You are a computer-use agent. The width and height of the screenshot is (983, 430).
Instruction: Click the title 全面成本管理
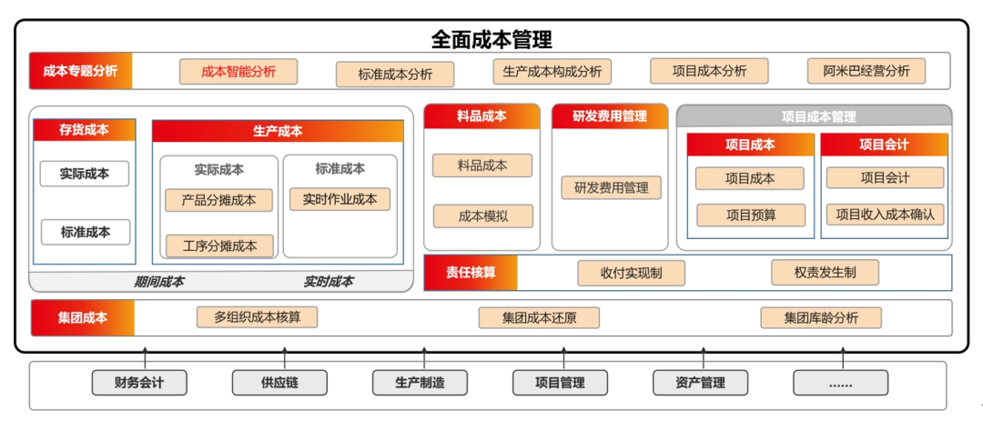pyautogui.click(x=491, y=39)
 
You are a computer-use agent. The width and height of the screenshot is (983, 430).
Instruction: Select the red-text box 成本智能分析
pyautogui.click(x=239, y=72)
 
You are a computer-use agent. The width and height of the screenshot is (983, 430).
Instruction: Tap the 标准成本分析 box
pyautogui.click(x=395, y=75)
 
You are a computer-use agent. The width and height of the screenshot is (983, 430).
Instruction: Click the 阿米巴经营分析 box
pyautogui.click(x=866, y=71)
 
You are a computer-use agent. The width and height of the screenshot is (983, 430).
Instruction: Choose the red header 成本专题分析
pyautogui.click(x=81, y=71)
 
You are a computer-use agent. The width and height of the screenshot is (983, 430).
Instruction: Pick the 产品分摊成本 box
pyautogui.click(x=218, y=200)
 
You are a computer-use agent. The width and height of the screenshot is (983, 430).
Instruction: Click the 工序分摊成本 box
pyautogui.click(x=219, y=245)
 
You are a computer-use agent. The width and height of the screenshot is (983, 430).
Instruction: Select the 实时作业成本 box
pyautogui.click(x=339, y=199)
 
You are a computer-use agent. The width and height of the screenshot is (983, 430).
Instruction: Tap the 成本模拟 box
pyautogui.click(x=482, y=216)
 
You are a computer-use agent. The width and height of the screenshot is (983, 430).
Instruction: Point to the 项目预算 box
pyautogui.click(x=750, y=215)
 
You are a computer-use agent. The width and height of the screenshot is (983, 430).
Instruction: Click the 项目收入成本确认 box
pyautogui.click(x=885, y=215)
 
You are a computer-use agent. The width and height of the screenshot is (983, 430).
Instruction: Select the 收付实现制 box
pyautogui.click(x=631, y=273)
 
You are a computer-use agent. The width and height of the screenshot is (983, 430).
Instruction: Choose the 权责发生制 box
pyautogui.click(x=825, y=272)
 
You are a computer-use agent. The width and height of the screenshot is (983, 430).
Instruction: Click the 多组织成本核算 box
pyautogui.click(x=258, y=317)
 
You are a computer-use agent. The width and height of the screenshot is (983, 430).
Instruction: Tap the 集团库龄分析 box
pyautogui.click(x=821, y=317)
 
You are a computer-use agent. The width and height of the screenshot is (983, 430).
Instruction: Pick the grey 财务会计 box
pyautogui.click(x=139, y=383)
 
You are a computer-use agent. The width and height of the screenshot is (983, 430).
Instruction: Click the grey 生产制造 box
pyautogui.click(x=420, y=383)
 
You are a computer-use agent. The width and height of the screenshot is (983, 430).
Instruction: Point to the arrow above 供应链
pyautogui.click(x=285, y=358)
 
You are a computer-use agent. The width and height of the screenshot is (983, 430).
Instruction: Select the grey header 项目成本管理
pyautogui.click(x=814, y=116)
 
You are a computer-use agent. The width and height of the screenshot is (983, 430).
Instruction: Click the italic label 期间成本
pyautogui.click(x=159, y=282)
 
